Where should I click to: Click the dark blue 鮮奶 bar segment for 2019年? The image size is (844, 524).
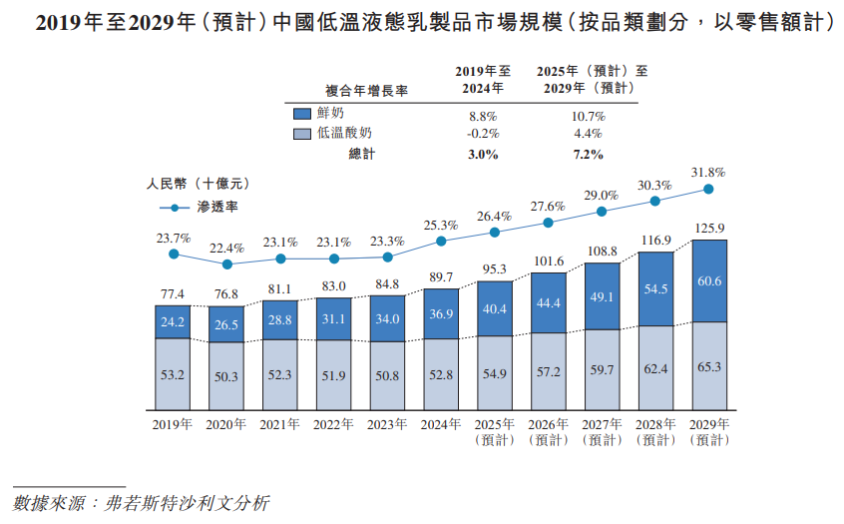click(x=173, y=321)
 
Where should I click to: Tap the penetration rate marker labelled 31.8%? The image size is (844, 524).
click(x=709, y=189)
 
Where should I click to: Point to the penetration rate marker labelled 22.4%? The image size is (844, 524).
click(x=226, y=264)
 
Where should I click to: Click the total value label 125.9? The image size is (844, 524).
click(x=709, y=229)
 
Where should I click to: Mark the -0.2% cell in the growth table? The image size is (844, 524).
click(x=482, y=134)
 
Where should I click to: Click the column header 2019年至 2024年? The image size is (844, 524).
click(x=483, y=80)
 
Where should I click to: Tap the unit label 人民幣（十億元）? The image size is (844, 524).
click(x=197, y=184)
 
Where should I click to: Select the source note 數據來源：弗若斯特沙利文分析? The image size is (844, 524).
click(x=141, y=502)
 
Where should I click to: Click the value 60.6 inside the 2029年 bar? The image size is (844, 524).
click(x=709, y=280)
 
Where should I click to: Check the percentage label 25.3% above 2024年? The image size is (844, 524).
click(x=441, y=225)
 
